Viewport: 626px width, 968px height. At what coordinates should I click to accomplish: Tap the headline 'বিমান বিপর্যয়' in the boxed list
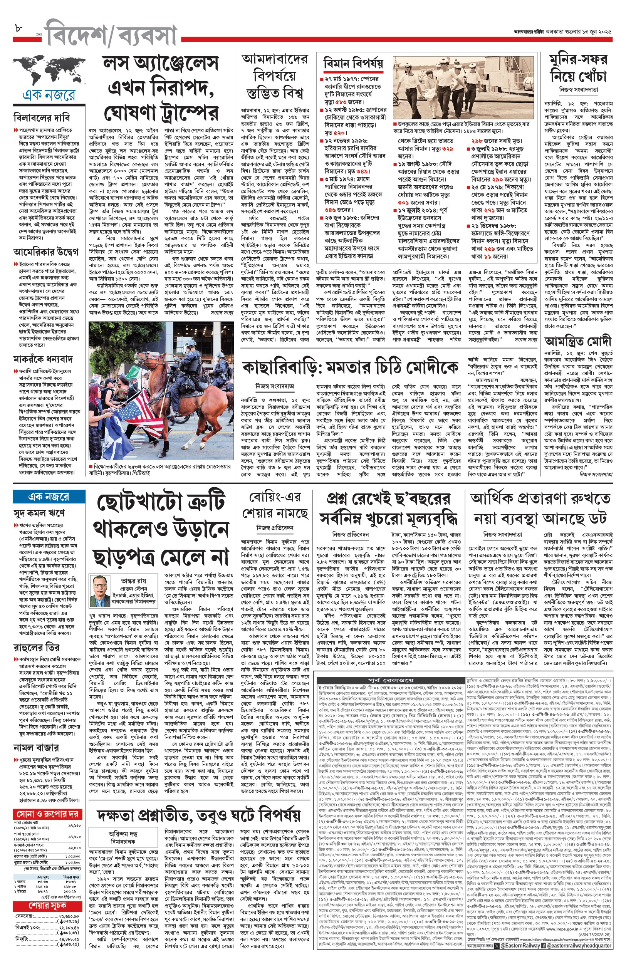[x=353, y=64]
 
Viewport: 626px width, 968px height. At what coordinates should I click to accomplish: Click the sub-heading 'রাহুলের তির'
[x=36, y=647]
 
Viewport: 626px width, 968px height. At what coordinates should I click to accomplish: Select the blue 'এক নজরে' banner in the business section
[x=49, y=497]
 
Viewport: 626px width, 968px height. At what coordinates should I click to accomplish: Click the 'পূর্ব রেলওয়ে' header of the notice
[x=390, y=679]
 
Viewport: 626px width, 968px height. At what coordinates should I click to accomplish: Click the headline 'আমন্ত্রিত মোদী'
[x=577, y=340]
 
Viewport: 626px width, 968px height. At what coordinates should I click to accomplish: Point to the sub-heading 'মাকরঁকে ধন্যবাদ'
[x=43, y=359]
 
